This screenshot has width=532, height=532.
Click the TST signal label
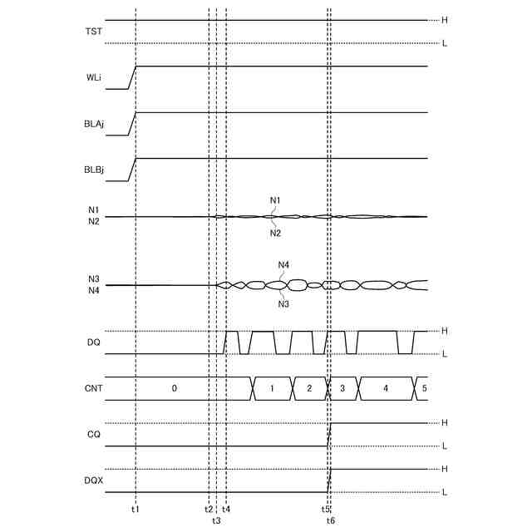pyautogui.click(x=95, y=32)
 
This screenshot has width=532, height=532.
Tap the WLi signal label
pyautogui.click(x=95, y=77)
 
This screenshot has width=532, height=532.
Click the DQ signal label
pyautogui.click(x=93, y=342)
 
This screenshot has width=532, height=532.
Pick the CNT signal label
pyautogui.click(x=94, y=388)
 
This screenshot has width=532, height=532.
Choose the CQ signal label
pyautogui.click(x=93, y=435)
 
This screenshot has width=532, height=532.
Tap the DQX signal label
pyautogui.click(x=93, y=480)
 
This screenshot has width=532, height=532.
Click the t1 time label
pyautogui.click(x=135, y=509)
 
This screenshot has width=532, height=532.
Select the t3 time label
pyautogui.click(x=216, y=520)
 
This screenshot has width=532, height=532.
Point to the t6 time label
pyautogui.click(x=331, y=520)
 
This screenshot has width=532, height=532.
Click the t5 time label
pyautogui.click(x=327, y=509)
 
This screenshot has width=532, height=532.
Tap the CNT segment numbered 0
pyautogui.click(x=175, y=388)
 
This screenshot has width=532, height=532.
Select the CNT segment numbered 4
pyautogui.click(x=386, y=388)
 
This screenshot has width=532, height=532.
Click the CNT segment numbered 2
pyautogui.click(x=308, y=388)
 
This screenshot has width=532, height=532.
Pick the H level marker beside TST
pyautogui.click(x=446, y=20)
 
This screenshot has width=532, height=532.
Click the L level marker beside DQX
pyautogui.click(x=446, y=492)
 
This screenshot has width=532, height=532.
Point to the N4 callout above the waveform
pyautogui.click(x=283, y=264)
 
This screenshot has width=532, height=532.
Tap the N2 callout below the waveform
pyautogui.click(x=275, y=234)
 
